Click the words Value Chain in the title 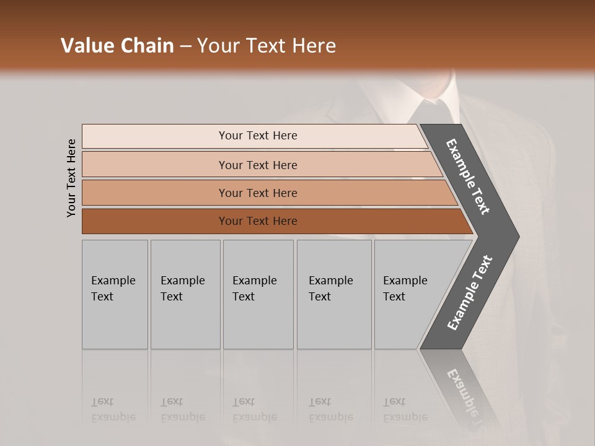(117, 46)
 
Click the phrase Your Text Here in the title (267, 46)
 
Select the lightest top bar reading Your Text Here (257, 136)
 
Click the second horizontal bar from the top (257, 165)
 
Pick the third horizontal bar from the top (257, 193)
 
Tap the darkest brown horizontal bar (257, 221)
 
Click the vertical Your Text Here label (71, 178)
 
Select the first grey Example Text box (115, 294)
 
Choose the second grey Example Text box (185, 294)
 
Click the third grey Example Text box (257, 294)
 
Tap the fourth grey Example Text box (333, 294)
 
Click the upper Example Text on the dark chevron (468, 177)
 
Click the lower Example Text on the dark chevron (470, 292)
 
